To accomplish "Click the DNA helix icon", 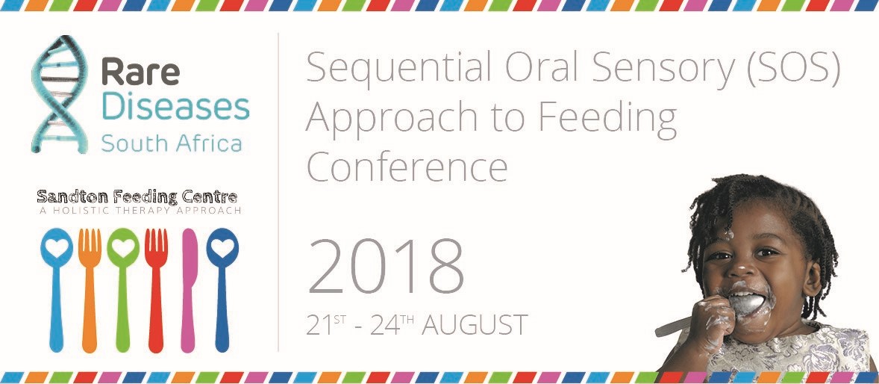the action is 59,94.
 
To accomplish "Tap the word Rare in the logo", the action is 140,73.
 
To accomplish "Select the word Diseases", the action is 175,107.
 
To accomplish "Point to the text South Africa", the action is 171,143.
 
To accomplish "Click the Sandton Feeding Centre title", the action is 137,197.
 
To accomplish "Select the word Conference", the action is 407,167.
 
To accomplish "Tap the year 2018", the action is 386,266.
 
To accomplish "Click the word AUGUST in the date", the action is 475,326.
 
